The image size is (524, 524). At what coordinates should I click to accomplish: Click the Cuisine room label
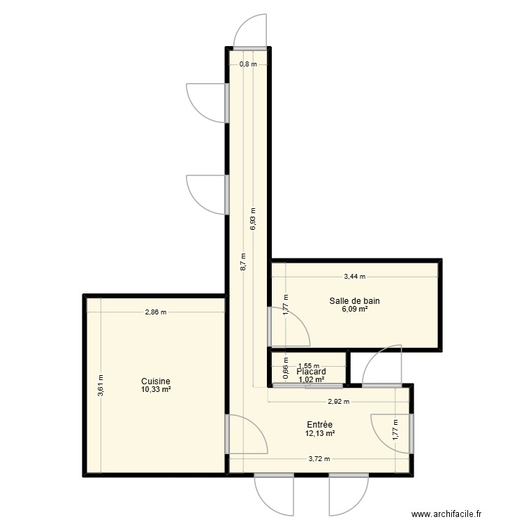tap(154, 381)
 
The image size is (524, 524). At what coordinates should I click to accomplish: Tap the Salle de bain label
tap(355, 301)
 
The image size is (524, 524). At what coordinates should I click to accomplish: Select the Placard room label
tap(311, 372)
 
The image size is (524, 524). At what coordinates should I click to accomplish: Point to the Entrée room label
tap(319, 425)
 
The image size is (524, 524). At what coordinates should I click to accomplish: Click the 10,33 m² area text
tap(154, 390)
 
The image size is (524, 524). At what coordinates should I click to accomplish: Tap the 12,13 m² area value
tap(319, 433)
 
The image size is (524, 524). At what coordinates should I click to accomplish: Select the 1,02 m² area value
tap(311, 380)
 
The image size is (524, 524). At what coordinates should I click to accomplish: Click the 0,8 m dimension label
tap(248, 64)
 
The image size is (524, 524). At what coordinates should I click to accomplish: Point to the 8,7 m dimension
tap(242, 261)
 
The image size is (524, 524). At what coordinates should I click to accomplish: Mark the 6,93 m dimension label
tap(253, 219)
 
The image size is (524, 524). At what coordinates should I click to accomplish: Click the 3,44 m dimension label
tap(354, 277)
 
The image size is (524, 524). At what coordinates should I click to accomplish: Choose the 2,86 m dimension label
tap(156, 312)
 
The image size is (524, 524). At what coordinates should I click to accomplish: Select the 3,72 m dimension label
tap(319, 459)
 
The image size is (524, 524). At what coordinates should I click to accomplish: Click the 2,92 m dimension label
tap(338, 402)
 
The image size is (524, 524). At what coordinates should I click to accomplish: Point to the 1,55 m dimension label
tap(308, 365)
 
